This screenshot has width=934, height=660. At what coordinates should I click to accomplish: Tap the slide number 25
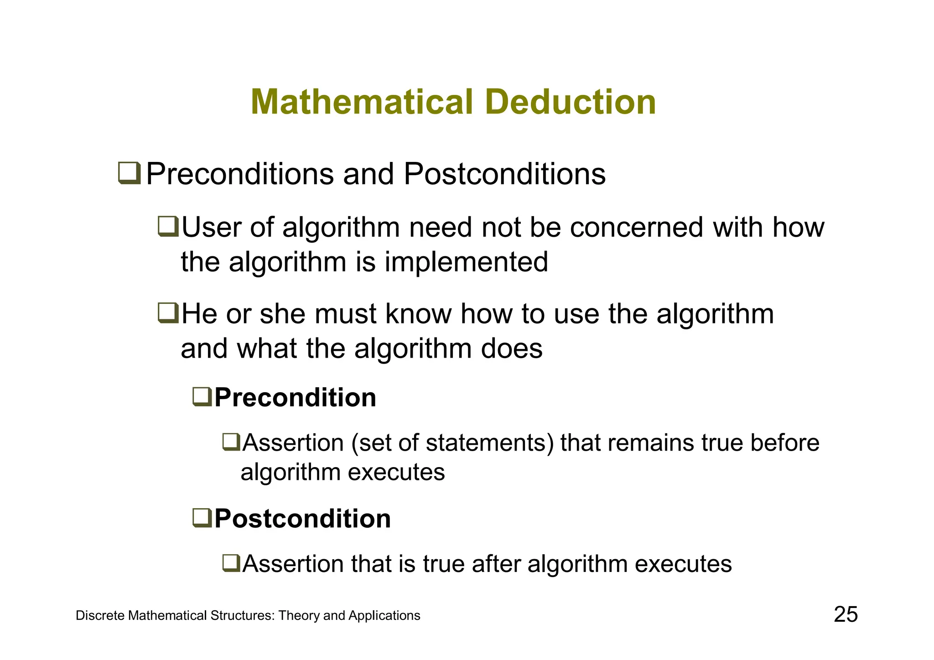point(846,614)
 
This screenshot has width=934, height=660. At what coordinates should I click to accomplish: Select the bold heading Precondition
point(295,397)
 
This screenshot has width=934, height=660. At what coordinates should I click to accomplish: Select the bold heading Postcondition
point(302,519)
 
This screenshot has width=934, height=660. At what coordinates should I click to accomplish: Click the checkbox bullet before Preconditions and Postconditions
point(130,174)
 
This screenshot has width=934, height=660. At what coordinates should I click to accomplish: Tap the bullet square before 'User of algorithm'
point(168,227)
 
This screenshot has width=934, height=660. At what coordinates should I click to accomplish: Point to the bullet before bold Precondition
point(202,396)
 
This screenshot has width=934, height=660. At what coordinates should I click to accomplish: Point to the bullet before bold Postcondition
point(202,518)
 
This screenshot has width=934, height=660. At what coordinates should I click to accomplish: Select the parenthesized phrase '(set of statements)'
point(453,443)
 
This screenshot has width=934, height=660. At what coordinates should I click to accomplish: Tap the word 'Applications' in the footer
point(384,616)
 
